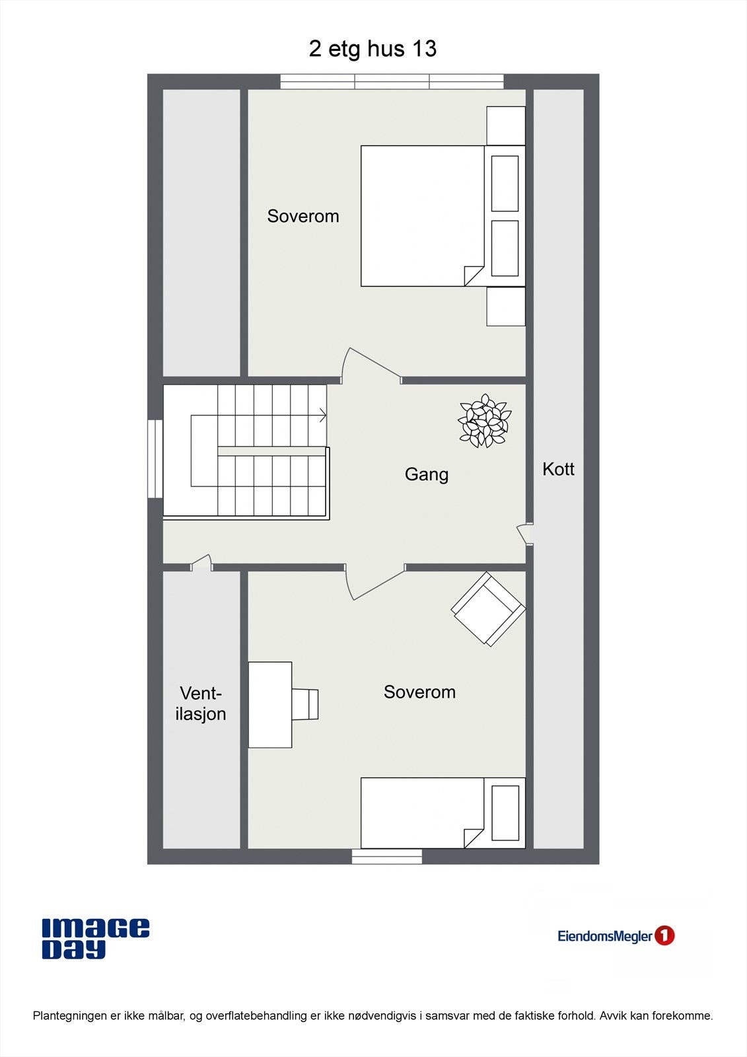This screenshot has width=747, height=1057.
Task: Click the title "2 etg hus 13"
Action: coord(373,49)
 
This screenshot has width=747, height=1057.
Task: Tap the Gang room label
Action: coord(426,474)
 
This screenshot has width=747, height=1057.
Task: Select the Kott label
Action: coord(558,469)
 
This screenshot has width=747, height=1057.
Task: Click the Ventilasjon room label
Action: coord(201,704)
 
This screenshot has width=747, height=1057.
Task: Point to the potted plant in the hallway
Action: coord(485,421)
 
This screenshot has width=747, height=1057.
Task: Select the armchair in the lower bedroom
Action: coord(489,608)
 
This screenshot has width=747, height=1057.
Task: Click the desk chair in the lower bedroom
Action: coord(305,704)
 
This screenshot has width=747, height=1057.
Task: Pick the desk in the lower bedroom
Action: coord(269,704)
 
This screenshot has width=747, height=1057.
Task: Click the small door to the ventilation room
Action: coord(201,563)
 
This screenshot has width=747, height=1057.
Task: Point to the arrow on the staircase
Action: coord(322,416)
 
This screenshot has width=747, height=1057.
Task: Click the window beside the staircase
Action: coord(155,458)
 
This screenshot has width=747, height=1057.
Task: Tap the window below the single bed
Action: coord(386,857)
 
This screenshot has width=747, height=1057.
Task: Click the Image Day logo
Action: coord(95,938)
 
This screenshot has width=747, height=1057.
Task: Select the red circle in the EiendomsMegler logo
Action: coord(664,935)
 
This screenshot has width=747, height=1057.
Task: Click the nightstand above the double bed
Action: coord(506,126)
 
